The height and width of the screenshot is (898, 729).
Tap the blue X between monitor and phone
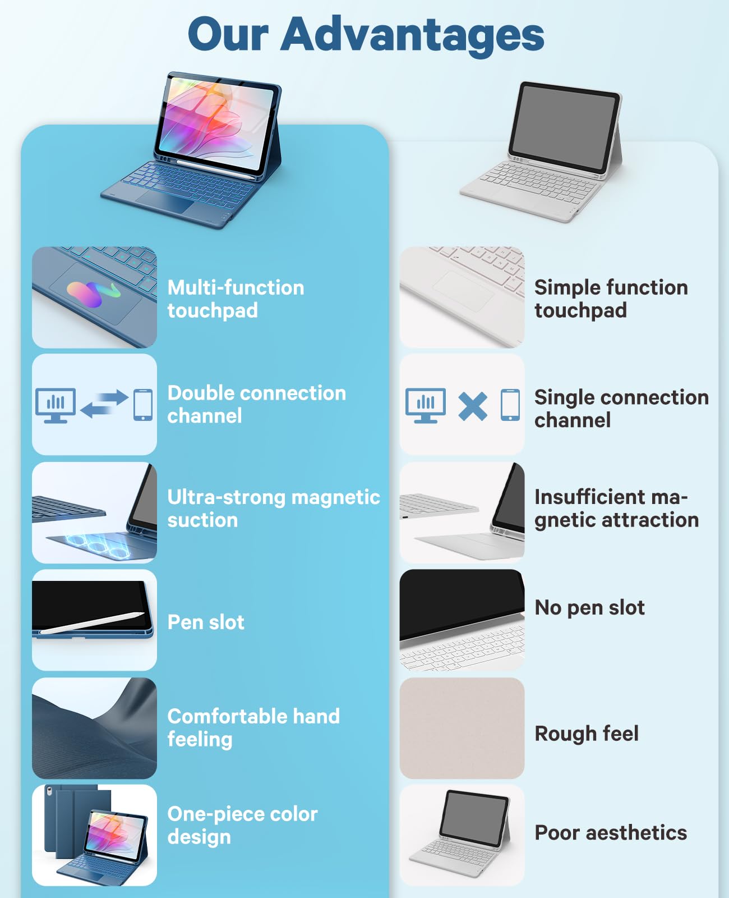(x=472, y=406)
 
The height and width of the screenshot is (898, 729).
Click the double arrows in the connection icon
(x=104, y=404)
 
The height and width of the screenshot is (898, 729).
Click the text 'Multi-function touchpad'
(x=236, y=299)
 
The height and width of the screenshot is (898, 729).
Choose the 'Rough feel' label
(x=587, y=734)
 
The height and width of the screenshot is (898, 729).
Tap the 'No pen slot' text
(x=589, y=608)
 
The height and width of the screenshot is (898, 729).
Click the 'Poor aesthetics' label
(x=611, y=833)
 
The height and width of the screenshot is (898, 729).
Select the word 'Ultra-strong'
(x=226, y=497)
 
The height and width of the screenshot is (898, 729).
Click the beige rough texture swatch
(x=462, y=728)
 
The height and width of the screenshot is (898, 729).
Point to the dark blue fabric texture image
(x=94, y=728)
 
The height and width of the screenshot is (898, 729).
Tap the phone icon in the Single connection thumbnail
(x=510, y=405)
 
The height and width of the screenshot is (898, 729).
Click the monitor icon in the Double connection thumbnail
(x=55, y=405)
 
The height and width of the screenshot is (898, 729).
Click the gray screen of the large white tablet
(x=564, y=126)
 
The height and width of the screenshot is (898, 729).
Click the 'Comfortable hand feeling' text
(x=253, y=728)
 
